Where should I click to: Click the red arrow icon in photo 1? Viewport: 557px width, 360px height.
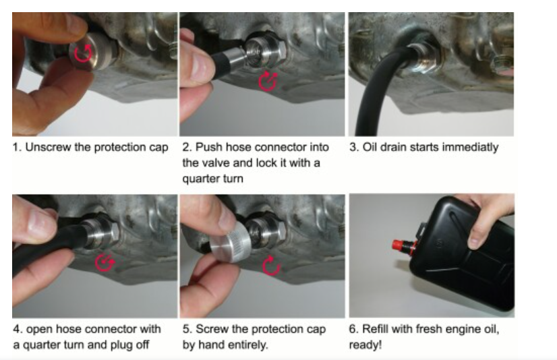point(83,54)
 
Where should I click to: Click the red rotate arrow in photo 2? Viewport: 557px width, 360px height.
point(268,82)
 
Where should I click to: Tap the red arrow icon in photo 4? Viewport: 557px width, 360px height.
point(105,263)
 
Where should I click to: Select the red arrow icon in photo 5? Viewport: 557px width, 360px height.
point(271,266)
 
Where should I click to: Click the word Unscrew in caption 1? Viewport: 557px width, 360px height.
point(48,147)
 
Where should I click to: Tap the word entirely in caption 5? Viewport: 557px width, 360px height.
point(249,344)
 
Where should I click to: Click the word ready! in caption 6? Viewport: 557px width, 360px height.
point(365,345)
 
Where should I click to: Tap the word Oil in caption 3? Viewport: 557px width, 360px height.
point(370,147)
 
